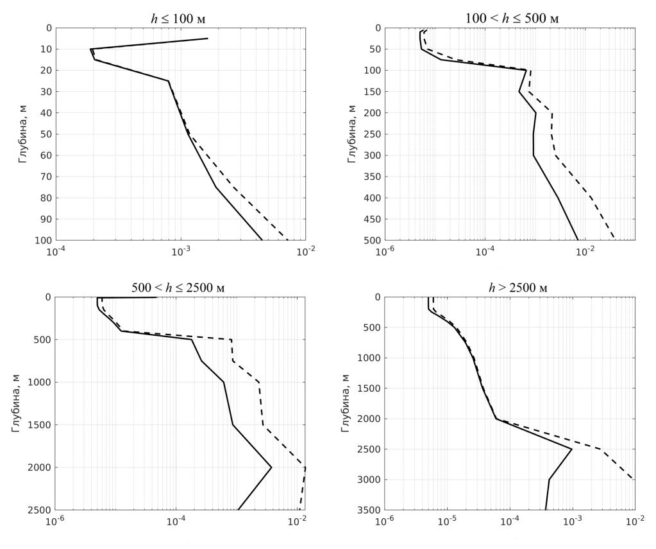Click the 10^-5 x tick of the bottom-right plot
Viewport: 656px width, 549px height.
click(447, 519)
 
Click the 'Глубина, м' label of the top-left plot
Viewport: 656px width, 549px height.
click(23, 134)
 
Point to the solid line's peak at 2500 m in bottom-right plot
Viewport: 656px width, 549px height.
click(571, 449)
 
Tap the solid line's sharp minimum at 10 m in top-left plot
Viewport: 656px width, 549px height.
click(90, 49)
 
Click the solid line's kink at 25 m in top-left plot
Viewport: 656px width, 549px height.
click(169, 81)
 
